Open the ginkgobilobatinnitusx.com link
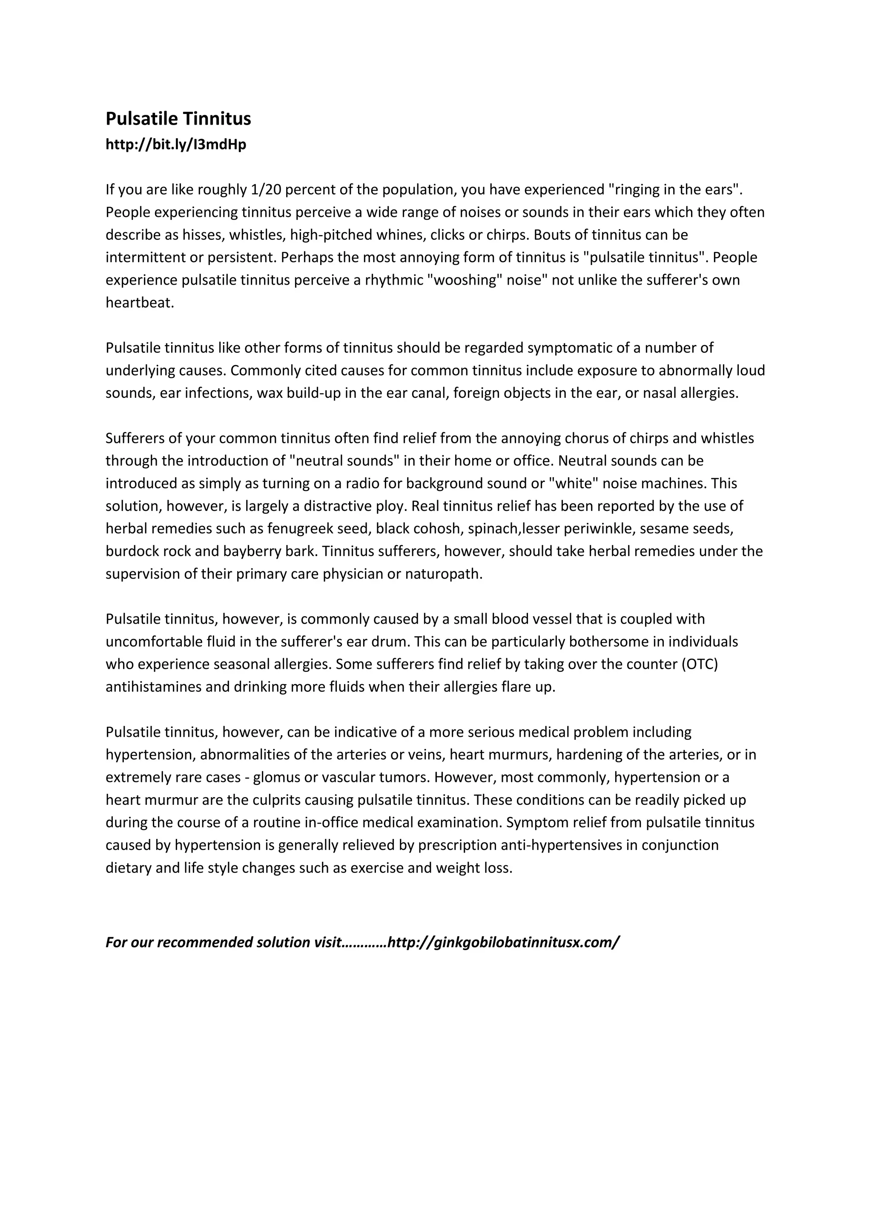click(503, 942)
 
